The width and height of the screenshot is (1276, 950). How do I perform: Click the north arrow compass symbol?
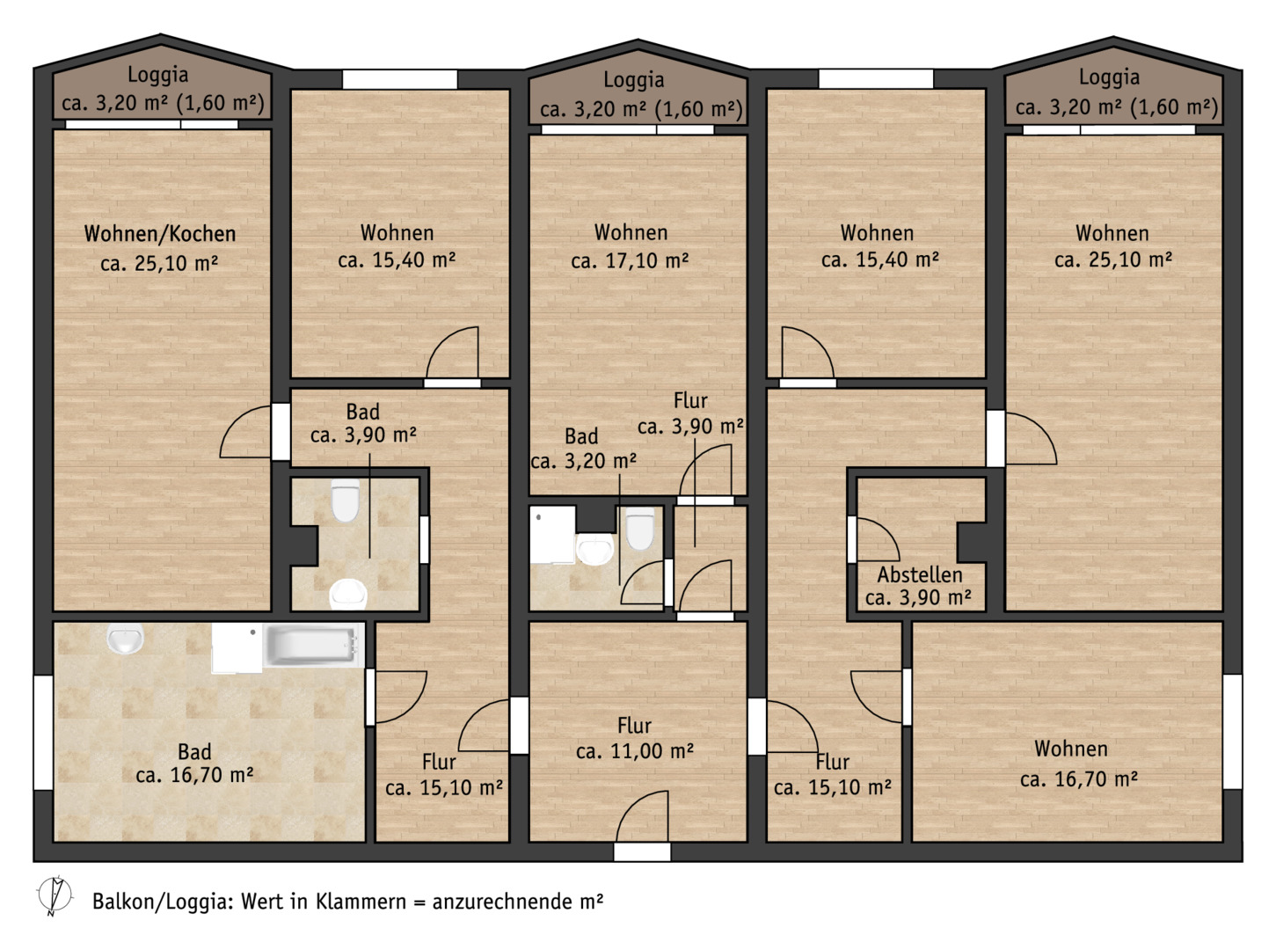tap(55, 896)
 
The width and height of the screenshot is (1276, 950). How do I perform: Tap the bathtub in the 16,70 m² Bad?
tap(314, 646)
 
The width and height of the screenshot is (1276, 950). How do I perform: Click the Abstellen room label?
tap(919, 574)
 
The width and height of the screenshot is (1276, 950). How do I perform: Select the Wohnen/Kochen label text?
tap(160, 234)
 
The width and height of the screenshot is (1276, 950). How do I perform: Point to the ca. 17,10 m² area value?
tap(630, 260)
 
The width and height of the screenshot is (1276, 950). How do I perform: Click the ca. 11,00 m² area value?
tap(635, 750)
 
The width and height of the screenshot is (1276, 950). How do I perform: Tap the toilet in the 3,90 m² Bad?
tap(346, 500)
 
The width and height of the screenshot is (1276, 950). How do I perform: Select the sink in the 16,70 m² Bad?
tap(125, 638)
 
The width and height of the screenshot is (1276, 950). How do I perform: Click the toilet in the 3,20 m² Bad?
tap(639, 528)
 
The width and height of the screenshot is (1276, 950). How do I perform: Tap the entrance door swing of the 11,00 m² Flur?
tap(642, 816)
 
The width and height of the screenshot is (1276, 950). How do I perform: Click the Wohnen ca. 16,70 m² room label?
tap(1079, 764)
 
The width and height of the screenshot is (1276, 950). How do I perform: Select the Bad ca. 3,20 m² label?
tap(583, 449)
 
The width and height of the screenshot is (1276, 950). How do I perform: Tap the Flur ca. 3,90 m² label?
tap(690, 413)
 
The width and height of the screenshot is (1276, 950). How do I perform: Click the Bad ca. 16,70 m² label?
tap(194, 764)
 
